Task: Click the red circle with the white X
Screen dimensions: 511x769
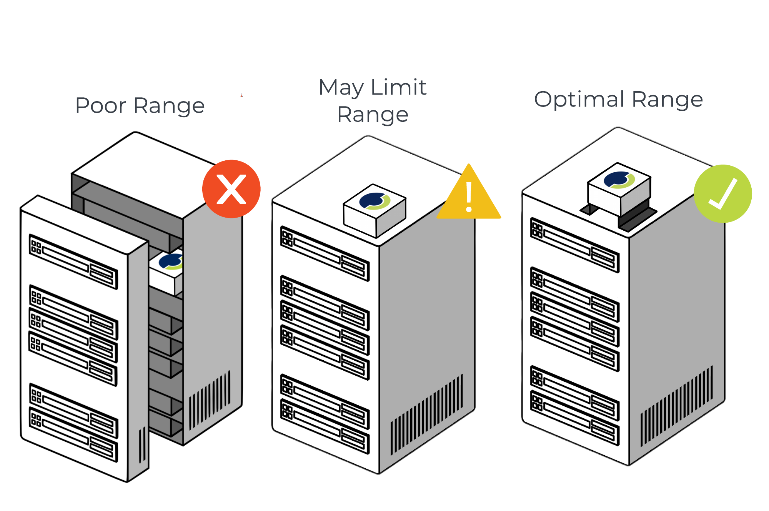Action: coord(231,189)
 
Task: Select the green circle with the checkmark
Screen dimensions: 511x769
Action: coord(723,194)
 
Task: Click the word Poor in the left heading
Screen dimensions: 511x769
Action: coord(101,106)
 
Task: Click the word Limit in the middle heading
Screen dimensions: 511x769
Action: coord(399,87)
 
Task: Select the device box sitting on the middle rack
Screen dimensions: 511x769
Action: coord(375,211)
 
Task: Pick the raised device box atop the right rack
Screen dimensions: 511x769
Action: coord(619,188)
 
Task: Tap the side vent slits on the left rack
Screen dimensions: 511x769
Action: coord(210,400)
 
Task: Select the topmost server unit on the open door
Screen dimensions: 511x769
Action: coord(73,261)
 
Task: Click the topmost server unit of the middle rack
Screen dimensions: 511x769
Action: coord(325,253)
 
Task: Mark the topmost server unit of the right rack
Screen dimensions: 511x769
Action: coord(575,245)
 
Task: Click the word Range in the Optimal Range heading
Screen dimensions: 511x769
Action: coord(667,100)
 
